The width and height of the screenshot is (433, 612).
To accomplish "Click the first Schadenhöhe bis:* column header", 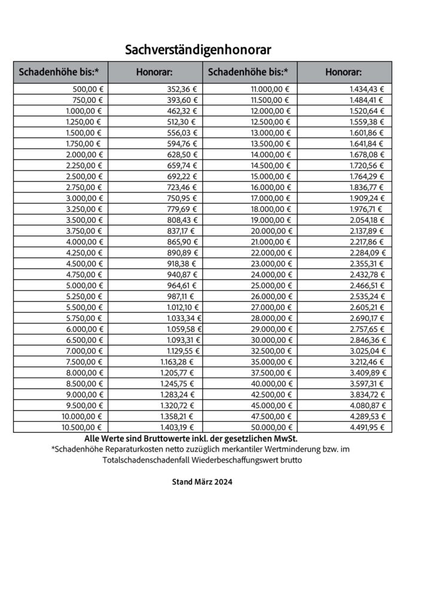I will click(x=59, y=72).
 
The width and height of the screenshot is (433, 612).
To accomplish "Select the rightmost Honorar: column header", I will click(x=343, y=72).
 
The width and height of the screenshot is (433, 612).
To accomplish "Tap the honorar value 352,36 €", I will click(x=182, y=88).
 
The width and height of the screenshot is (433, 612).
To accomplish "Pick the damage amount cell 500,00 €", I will click(x=86, y=88).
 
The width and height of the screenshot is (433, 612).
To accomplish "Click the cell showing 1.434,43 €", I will click(x=367, y=88).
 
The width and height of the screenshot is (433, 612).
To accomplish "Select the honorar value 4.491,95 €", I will click(x=367, y=427).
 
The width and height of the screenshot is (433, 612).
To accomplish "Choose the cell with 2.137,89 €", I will click(x=367, y=231).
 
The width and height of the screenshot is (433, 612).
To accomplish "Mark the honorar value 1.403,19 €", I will click(x=178, y=427).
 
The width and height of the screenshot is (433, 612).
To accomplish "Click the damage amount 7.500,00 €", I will click(x=83, y=361).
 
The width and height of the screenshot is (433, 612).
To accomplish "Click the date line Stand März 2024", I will click(x=202, y=481).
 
